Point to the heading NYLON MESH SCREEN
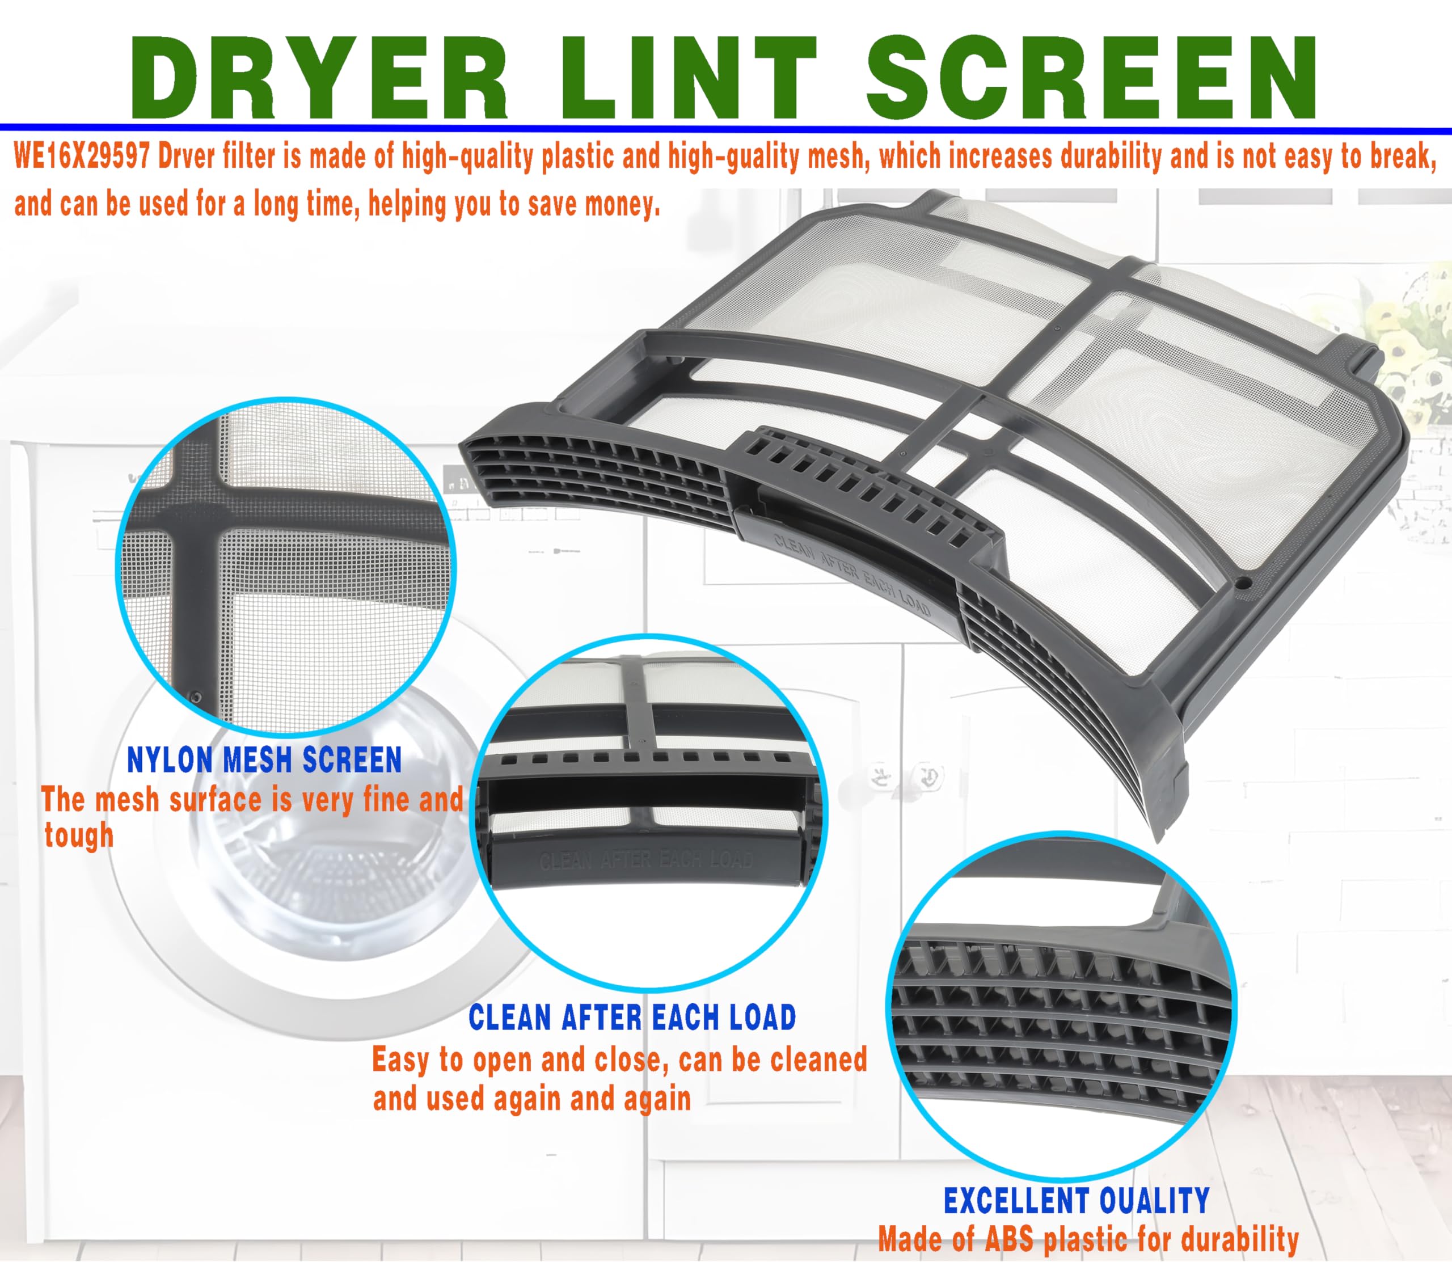tap(264, 760)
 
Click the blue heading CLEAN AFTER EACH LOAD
tap(632, 1018)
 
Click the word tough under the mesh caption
tap(79, 836)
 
